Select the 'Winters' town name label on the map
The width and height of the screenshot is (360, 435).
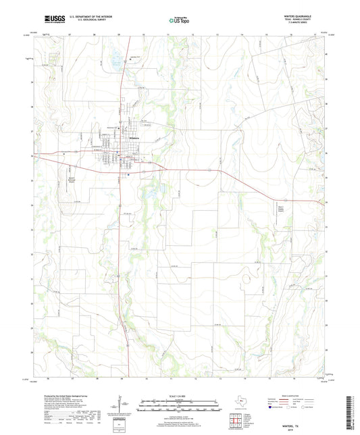(x=134, y=138)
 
